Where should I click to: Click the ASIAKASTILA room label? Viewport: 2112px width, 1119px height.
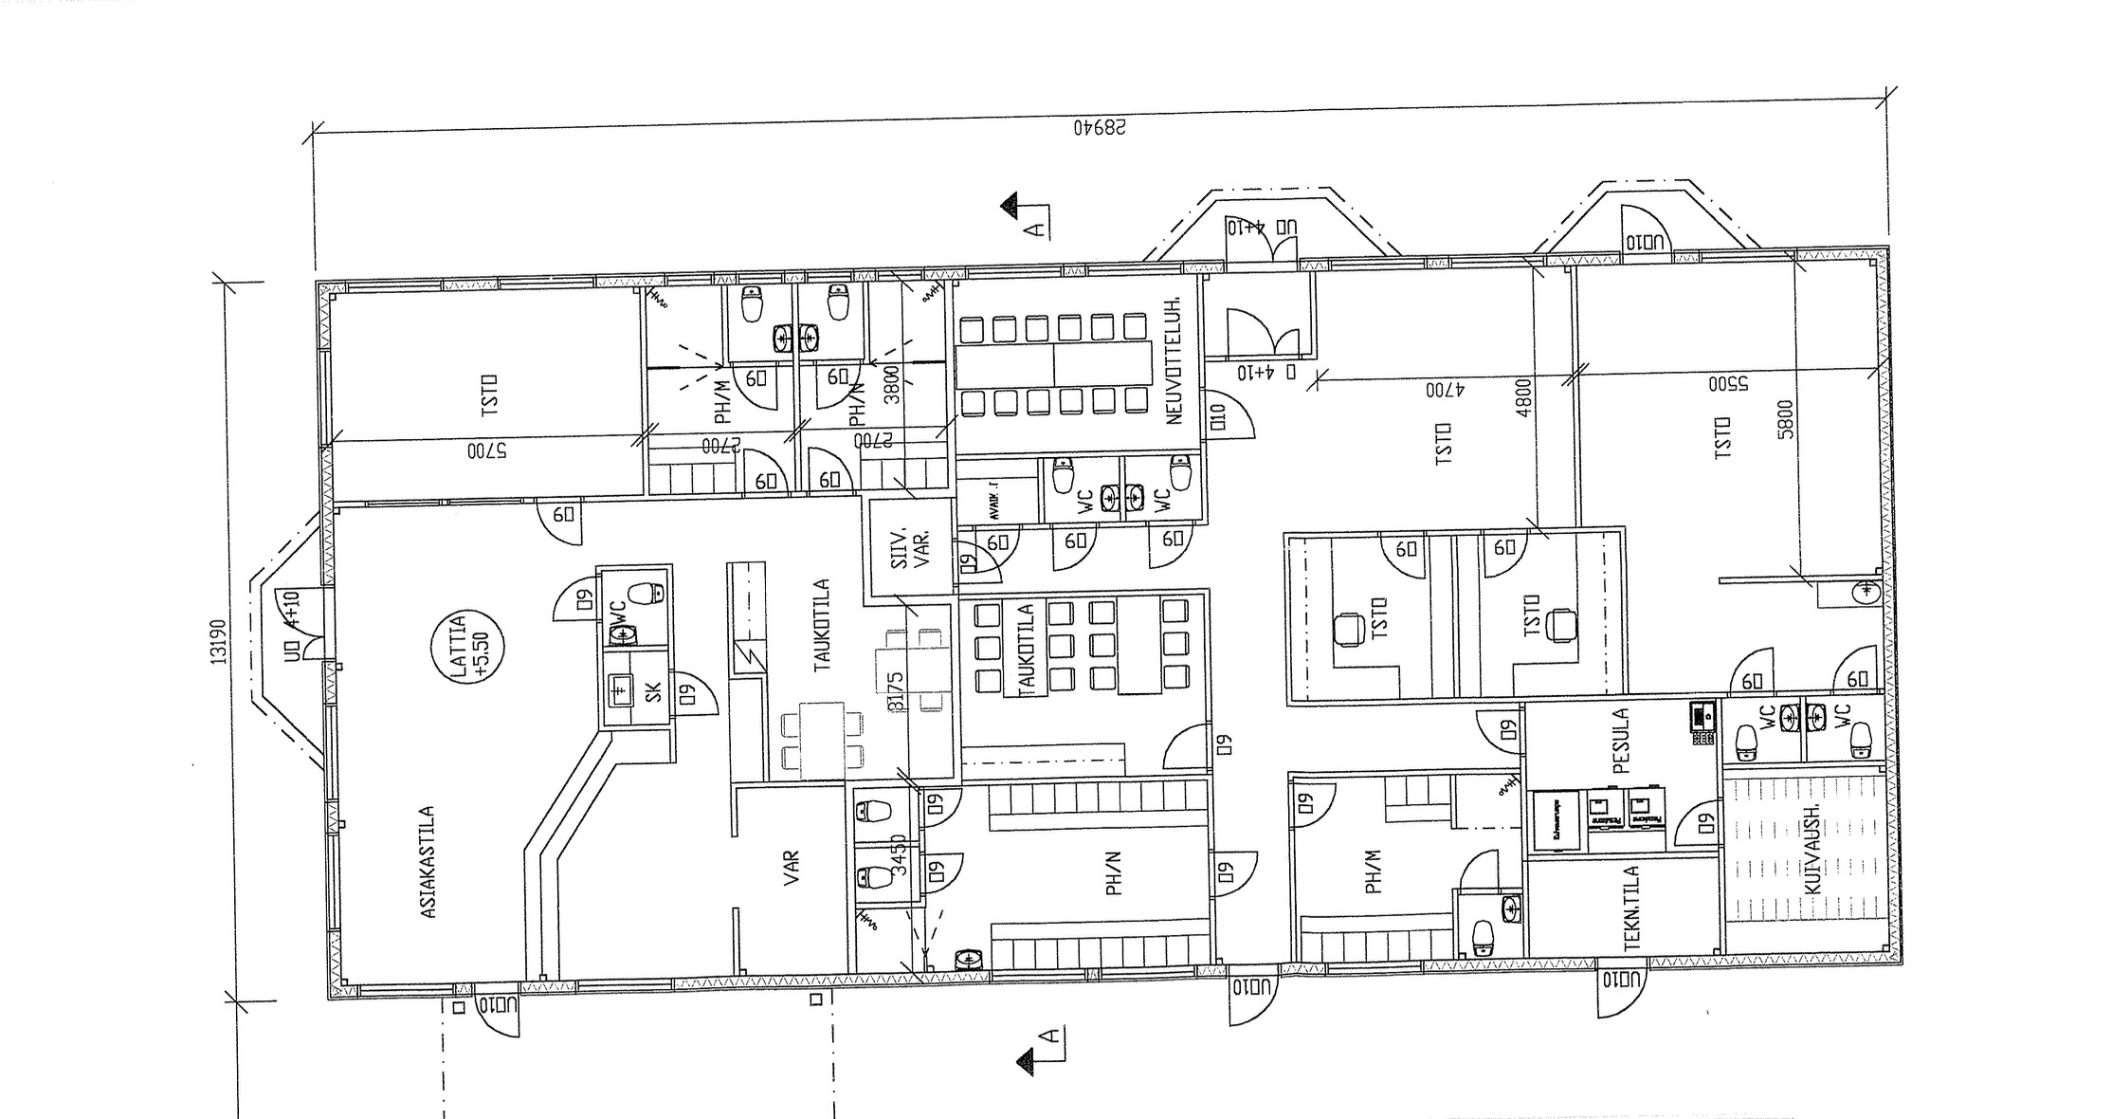(428, 862)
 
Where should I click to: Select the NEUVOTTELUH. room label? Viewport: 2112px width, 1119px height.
(1176, 360)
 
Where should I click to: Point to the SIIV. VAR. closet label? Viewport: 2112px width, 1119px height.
(911, 548)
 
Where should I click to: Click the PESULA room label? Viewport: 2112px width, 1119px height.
(1620, 741)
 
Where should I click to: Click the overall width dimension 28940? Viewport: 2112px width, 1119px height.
(1101, 127)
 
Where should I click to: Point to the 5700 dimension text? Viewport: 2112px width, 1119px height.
(486, 451)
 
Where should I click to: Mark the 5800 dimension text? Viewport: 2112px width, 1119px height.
(1785, 418)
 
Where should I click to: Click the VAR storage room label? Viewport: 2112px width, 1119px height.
(792, 868)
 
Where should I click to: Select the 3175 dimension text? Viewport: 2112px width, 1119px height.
(896, 691)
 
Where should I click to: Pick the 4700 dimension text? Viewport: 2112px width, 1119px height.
(1446, 389)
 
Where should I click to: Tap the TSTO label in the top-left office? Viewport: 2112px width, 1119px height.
(490, 394)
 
